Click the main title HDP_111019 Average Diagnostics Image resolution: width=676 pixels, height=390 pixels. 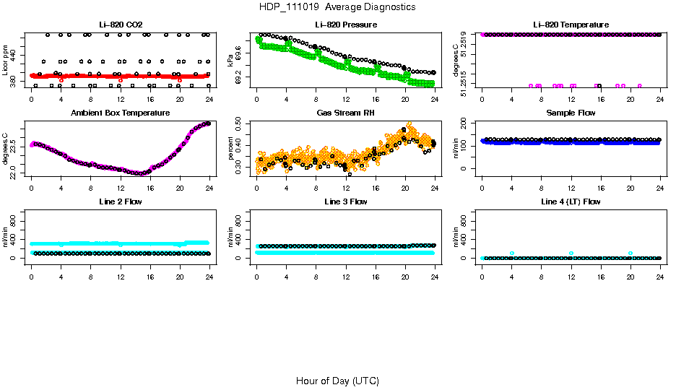coord(337,7)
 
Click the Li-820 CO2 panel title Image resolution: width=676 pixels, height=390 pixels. coord(121,25)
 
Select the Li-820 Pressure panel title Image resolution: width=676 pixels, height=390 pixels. coord(346,25)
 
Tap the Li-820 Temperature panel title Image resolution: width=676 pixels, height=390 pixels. coord(571,25)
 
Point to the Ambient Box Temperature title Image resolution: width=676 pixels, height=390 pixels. coord(121,113)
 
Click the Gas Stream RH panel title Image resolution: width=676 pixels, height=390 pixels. coord(346,113)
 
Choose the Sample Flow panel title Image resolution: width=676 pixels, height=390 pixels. coord(571,113)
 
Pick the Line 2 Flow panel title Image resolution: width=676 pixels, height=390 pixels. coord(121,201)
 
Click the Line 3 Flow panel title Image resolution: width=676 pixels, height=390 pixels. coord(346,201)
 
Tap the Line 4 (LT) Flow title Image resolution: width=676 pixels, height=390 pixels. coord(571,201)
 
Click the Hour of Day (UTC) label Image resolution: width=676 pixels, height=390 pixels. coord(337,381)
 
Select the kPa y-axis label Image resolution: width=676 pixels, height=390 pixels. coord(231,61)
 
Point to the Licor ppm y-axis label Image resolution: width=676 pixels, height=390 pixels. coord(6,61)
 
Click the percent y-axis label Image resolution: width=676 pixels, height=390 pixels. coord(231,149)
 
